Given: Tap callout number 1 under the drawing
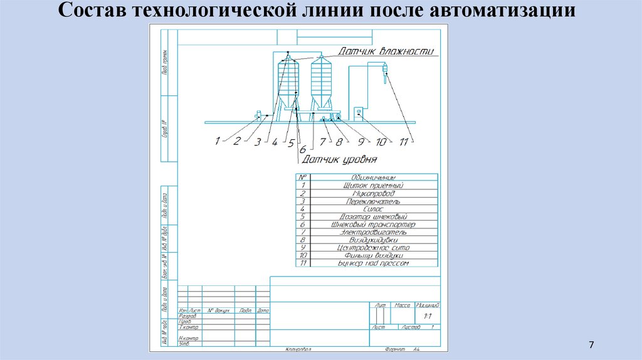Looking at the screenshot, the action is [x=218, y=141].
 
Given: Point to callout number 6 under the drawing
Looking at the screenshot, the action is [x=302, y=149].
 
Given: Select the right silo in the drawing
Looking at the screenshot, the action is [x=320, y=82].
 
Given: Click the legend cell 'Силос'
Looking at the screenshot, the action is [x=373, y=208].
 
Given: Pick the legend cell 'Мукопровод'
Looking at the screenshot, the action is [x=373, y=193].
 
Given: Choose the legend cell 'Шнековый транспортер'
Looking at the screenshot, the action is [x=373, y=224].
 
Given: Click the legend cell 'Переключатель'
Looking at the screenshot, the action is [x=373, y=201].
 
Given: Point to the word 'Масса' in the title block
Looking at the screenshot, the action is [x=402, y=305].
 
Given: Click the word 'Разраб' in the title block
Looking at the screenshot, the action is [x=188, y=316].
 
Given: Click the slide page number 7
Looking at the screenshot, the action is [x=591, y=346].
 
